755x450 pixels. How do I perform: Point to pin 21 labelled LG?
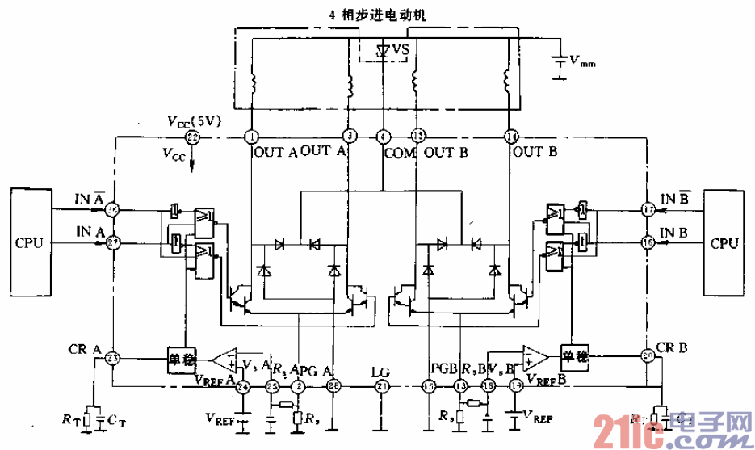coord(383,388)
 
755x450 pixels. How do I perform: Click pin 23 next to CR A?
coord(112,357)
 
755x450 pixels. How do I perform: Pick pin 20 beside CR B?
coord(647,355)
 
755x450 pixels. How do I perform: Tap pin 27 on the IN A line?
coord(112,242)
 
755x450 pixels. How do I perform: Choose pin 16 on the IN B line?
coord(647,242)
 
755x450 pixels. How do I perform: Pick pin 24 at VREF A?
coord(242,388)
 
